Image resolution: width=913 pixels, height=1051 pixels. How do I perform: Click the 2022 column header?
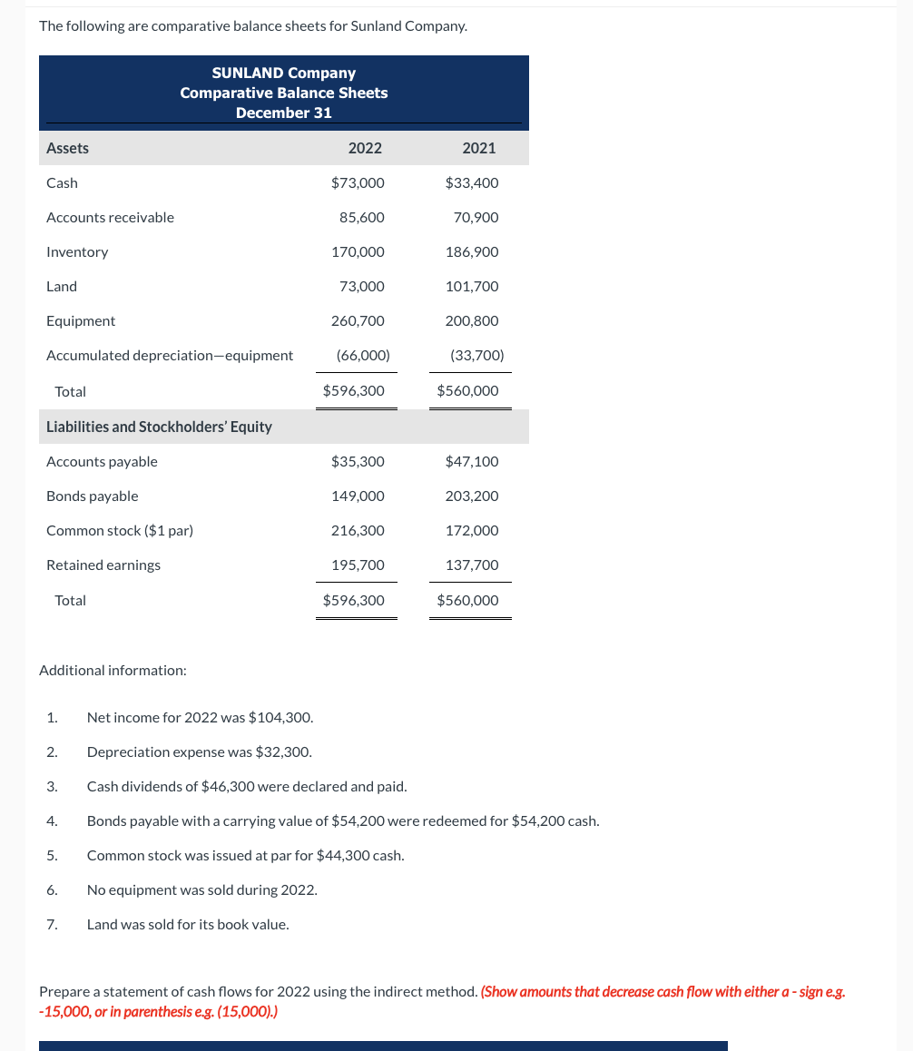pos(365,148)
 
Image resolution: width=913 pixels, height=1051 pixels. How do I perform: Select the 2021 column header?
pos(478,148)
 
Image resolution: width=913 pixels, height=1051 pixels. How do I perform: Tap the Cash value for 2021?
pos(472,182)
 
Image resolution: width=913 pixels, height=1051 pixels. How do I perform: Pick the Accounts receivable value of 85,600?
pos(361,217)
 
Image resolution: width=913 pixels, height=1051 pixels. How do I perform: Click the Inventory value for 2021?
pos(472,251)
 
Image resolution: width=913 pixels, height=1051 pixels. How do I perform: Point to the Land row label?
pos(62,286)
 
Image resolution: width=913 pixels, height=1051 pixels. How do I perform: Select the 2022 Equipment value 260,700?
pos(358,320)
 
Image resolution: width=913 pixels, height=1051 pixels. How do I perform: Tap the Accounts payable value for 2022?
pos(358,461)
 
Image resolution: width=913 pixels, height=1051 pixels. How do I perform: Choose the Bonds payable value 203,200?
pos(472,496)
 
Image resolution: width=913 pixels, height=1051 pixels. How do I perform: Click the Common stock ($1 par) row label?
pos(120,530)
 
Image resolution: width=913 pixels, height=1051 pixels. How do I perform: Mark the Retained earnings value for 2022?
pos(358,565)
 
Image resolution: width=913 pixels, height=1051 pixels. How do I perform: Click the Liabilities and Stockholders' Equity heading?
pos(159,427)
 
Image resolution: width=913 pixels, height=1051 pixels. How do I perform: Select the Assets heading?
pos(67,148)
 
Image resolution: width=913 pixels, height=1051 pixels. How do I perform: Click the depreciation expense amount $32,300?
pos(283,751)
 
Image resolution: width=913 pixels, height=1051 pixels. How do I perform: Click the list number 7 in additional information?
pos(52,924)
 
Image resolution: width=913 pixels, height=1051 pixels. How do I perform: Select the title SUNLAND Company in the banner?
pos(283,73)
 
